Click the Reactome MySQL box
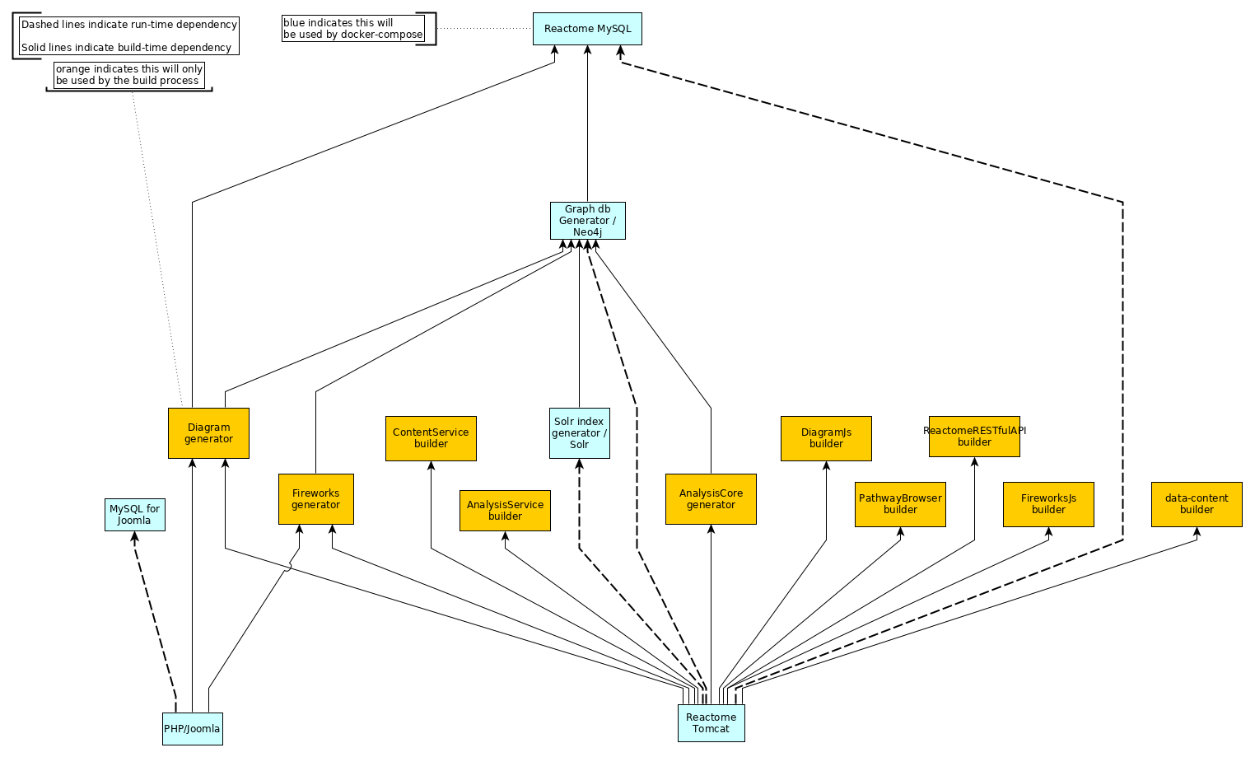pyautogui.click(x=587, y=29)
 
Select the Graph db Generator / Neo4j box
pyautogui.click(x=587, y=221)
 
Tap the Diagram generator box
pyautogui.click(x=208, y=433)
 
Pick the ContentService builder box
pyautogui.click(x=431, y=438)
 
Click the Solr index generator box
pyautogui.click(x=579, y=433)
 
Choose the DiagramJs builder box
pyautogui.click(x=826, y=438)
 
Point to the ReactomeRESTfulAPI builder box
pyautogui.click(x=974, y=437)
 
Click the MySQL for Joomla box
pyautogui.click(x=134, y=515)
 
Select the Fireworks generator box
pyautogui.click(x=315, y=499)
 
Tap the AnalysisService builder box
pyautogui.click(x=505, y=511)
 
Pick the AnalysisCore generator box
pyautogui.click(x=711, y=499)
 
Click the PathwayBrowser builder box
pyautogui.click(x=900, y=504)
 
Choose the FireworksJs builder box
pyautogui.click(x=1048, y=504)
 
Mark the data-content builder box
pyautogui.click(x=1197, y=504)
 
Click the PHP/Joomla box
pyautogui.click(x=192, y=729)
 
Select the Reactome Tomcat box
pyautogui.click(x=711, y=723)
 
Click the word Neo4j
pyautogui.click(x=587, y=232)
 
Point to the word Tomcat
pyautogui.click(x=711, y=729)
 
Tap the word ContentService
pyautogui.click(x=431, y=432)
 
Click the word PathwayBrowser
pyautogui.click(x=900, y=498)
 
